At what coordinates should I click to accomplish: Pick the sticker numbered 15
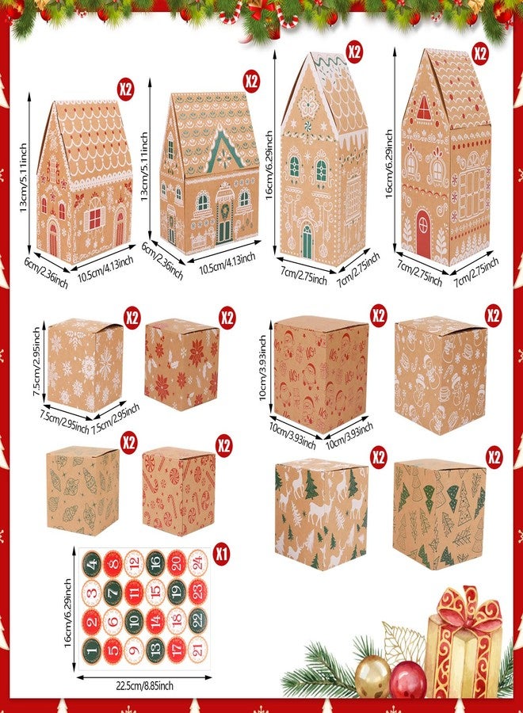click(x=156, y=592)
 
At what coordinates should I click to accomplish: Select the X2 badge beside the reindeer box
click(x=378, y=457)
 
